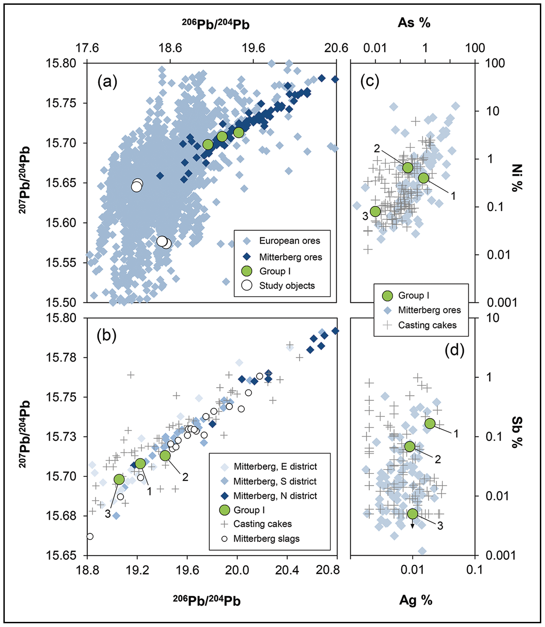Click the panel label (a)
107,82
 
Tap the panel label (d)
454,350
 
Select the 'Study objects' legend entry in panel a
287,286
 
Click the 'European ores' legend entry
289,241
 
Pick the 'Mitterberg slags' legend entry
266,539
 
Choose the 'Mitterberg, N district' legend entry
275,496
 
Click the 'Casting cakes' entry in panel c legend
427,325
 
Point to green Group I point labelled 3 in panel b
119,480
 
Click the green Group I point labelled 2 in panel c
408,167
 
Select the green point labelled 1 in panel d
430,423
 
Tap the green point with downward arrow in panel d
413,514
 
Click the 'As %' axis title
414,23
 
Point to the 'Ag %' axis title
415,600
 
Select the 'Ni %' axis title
517,178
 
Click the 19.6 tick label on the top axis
253,48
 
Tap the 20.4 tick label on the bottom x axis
287,570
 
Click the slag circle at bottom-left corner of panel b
90,536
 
